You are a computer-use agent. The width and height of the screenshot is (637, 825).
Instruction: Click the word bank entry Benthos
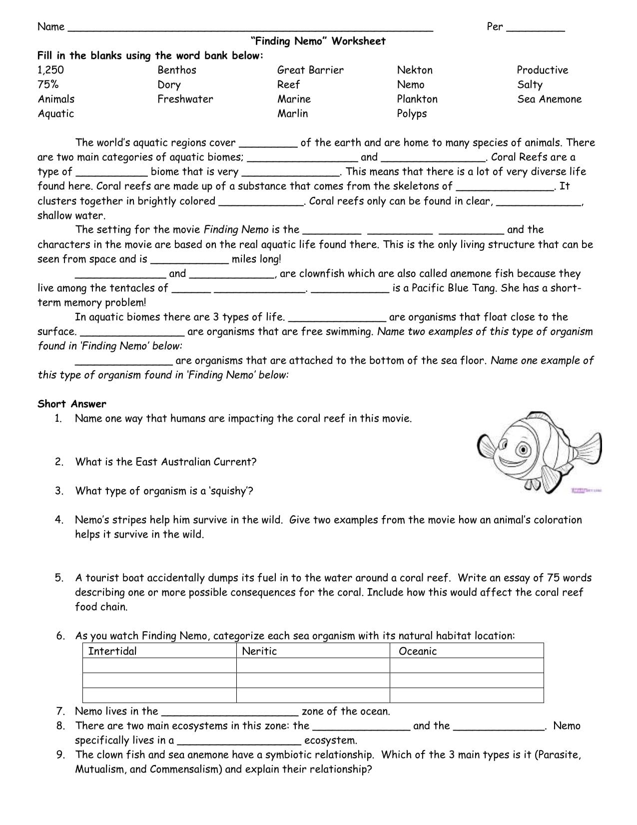click(176, 70)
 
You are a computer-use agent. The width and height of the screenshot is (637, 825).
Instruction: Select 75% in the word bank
click(48, 85)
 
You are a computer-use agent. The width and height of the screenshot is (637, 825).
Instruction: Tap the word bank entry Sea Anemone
click(549, 99)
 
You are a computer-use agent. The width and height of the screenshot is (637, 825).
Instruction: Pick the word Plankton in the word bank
click(417, 99)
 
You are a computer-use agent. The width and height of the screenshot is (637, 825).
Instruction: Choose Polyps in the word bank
click(412, 114)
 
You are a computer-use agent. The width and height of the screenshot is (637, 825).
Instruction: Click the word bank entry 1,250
click(50, 70)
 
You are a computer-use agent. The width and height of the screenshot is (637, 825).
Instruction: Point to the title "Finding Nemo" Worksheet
click(318, 41)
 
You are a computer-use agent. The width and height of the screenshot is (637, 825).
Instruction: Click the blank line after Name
click(250, 28)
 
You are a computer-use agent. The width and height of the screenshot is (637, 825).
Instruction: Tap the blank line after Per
click(535, 28)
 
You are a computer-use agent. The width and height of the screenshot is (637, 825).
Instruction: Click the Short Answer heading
click(72, 404)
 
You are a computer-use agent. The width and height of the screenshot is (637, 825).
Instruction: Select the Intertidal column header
click(112, 651)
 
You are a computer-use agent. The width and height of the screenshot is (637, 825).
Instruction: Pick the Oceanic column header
click(417, 651)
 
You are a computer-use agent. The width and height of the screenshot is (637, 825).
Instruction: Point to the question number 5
click(59, 578)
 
